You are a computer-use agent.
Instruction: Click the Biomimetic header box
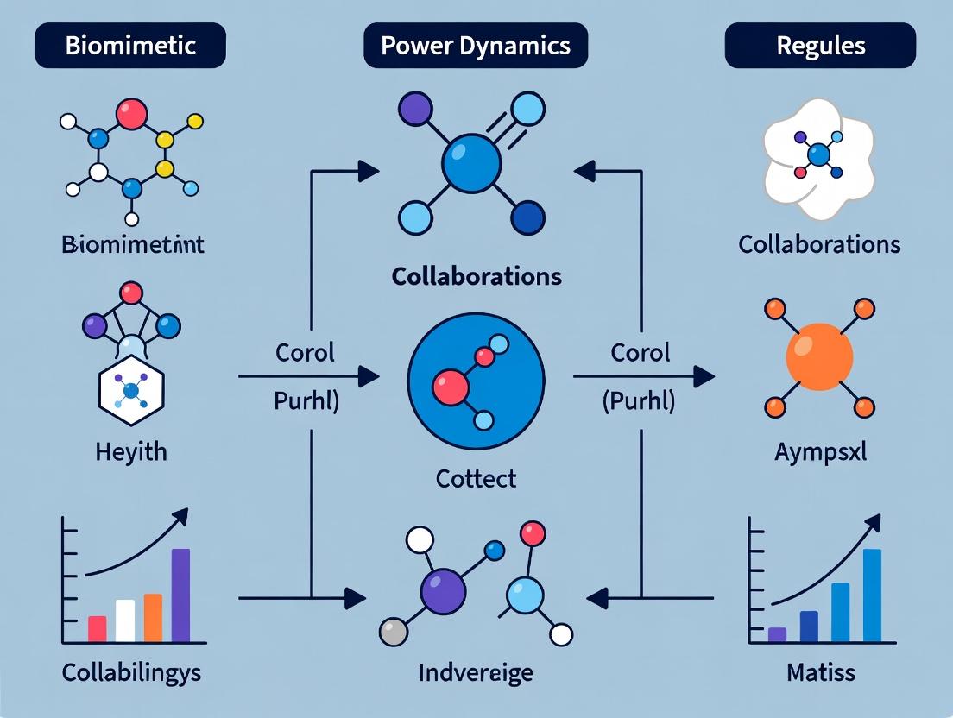pos(130,45)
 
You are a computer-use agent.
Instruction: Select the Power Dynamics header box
pos(476,45)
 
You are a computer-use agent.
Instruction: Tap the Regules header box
pos(820,45)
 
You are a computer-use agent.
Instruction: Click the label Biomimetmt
pos(133,244)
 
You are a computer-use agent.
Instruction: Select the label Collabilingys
pos(131,672)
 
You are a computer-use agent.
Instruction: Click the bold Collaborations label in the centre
pos(476,276)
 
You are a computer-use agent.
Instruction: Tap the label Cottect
pos(476,477)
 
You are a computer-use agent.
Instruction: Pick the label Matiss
pos(820,672)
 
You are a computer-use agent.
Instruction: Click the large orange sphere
pos(819,356)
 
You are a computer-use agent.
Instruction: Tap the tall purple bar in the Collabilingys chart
pos(180,595)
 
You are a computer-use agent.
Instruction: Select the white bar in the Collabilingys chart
pos(125,620)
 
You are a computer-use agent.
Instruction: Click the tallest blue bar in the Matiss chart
pos(872,596)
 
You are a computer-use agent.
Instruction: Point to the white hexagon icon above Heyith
pos(131,392)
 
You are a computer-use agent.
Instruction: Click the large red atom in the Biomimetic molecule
pos(131,113)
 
